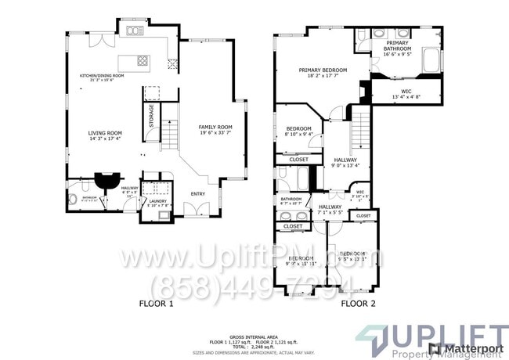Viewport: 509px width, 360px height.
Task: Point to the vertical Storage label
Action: pos(152,117)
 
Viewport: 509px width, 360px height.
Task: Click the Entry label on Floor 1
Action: pos(198,193)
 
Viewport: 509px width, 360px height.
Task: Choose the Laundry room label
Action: pos(154,203)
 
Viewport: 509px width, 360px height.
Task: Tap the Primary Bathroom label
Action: pos(397,48)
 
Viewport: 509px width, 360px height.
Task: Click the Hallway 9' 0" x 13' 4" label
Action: pos(345,162)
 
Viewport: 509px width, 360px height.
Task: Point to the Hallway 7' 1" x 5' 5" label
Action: pos(330,208)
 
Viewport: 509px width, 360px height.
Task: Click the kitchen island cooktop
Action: pos(143,59)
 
